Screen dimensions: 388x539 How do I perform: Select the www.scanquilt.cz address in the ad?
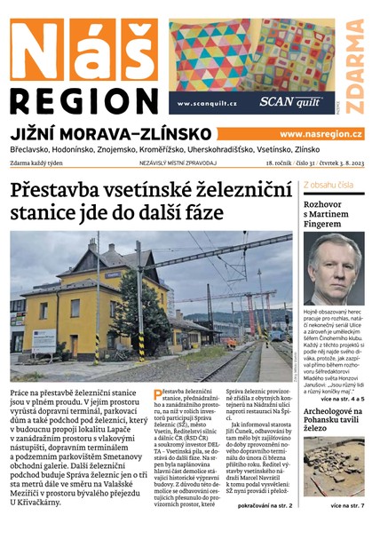[207, 104]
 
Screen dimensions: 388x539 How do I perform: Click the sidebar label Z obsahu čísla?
[329, 186]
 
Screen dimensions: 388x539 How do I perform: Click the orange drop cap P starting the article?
[158, 393]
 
